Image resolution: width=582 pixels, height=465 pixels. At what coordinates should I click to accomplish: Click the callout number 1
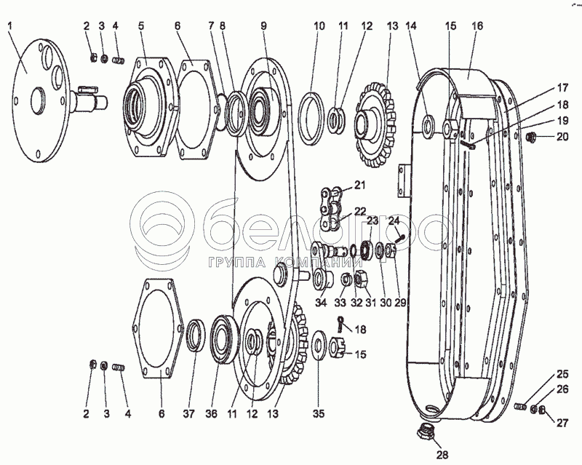(x=9, y=26)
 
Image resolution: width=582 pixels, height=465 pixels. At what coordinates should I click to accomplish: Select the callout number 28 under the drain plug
(x=442, y=454)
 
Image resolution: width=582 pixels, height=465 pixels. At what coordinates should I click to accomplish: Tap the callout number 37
(x=189, y=413)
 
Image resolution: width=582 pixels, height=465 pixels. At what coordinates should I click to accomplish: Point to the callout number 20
(x=562, y=137)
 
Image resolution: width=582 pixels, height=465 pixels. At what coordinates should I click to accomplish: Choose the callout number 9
(x=263, y=26)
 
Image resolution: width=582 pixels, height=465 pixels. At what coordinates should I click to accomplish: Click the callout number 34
(x=321, y=303)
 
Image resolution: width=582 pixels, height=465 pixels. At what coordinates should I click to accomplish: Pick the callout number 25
(x=562, y=373)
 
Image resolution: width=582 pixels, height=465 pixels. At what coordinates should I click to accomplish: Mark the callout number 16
(x=477, y=26)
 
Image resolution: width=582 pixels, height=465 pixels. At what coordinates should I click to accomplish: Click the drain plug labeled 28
(x=426, y=431)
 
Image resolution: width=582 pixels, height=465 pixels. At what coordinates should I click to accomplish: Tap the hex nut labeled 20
(x=530, y=137)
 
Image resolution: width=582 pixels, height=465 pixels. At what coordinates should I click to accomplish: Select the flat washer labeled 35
(x=318, y=344)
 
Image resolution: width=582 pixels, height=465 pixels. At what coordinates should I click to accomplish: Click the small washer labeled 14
(x=428, y=124)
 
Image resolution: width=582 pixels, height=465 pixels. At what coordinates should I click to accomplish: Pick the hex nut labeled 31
(x=361, y=279)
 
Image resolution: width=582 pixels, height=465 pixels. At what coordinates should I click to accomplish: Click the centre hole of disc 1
(x=38, y=100)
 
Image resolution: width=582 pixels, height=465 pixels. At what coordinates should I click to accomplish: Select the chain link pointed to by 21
(x=330, y=194)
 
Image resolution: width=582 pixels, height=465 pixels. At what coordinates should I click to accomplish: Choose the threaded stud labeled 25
(x=520, y=407)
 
